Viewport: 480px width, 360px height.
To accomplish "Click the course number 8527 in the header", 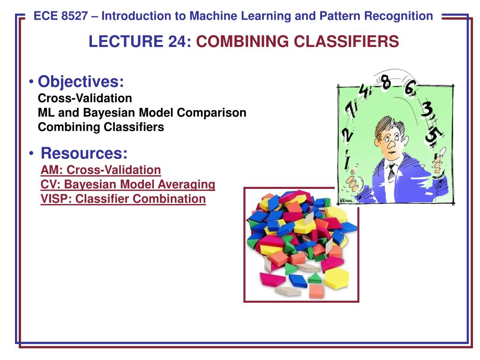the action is (74, 16).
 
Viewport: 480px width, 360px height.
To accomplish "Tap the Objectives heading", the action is (81, 82).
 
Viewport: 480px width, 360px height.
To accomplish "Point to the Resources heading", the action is (84, 153).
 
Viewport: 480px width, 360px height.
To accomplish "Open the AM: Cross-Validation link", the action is (101, 170).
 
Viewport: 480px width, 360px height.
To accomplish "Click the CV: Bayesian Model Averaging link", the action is (127, 184).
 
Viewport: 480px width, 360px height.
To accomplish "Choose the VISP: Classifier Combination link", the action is (123, 199).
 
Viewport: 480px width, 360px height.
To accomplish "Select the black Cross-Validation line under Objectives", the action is (85, 98).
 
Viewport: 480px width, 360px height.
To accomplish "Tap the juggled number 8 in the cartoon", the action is (386, 82).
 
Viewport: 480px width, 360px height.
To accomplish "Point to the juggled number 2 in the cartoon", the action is (347, 135).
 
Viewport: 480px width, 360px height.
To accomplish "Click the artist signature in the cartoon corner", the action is (346, 201).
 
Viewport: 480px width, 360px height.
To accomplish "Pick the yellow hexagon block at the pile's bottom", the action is (336, 278).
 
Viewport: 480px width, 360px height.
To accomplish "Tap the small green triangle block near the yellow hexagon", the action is (315, 278).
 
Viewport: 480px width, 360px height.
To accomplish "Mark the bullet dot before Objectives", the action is (31, 82).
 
